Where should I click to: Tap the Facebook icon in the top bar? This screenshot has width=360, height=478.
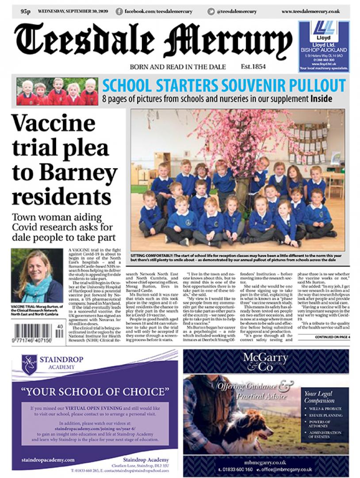tap(119, 11)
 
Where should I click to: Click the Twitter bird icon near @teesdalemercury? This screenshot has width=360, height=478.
tap(211, 11)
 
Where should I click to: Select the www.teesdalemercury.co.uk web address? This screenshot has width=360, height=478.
tap(310, 11)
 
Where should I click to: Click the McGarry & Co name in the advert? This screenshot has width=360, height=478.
tap(265, 361)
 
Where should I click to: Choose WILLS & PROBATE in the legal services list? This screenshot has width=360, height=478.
tap(326, 409)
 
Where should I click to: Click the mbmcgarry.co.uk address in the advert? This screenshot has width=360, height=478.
tap(265, 461)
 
